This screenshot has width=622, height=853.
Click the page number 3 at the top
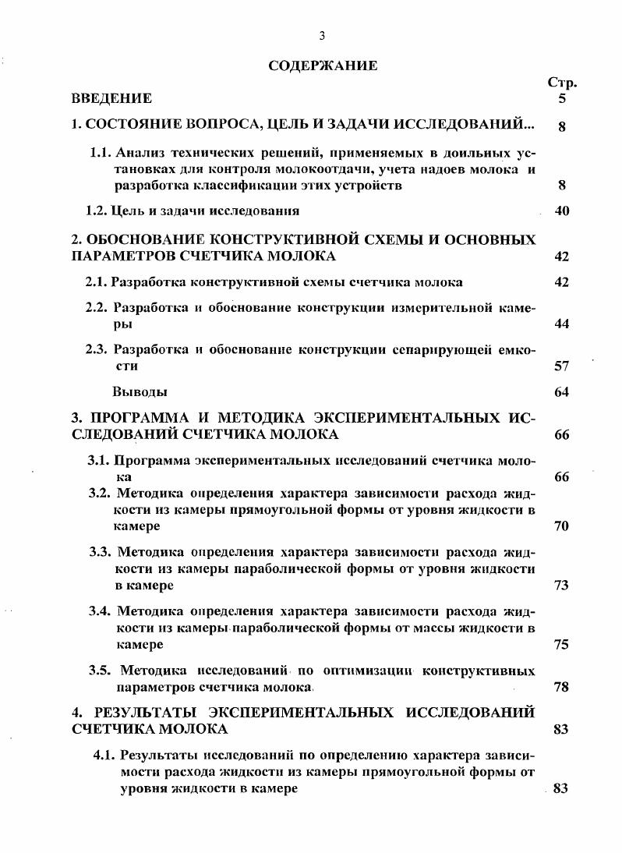click(321, 35)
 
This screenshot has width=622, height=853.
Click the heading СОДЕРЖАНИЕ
click(323, 65)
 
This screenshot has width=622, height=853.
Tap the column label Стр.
click(562, 83)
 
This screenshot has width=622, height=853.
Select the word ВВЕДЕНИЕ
click(111, 99)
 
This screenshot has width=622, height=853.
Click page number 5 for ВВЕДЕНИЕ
click(562, 99)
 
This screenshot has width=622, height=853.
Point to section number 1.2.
click(97, 211)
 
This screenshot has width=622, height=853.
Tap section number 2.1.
click(97, 282)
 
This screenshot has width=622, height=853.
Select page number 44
click(562, 324)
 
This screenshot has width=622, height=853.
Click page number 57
click(562, 366)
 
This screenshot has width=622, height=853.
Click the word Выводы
click(140, 391)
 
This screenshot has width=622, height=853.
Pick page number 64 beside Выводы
click(562, 391)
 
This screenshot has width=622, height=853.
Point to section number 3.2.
click(101, 494)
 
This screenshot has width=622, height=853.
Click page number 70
click(562, 526)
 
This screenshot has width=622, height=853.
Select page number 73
click(562, 586)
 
